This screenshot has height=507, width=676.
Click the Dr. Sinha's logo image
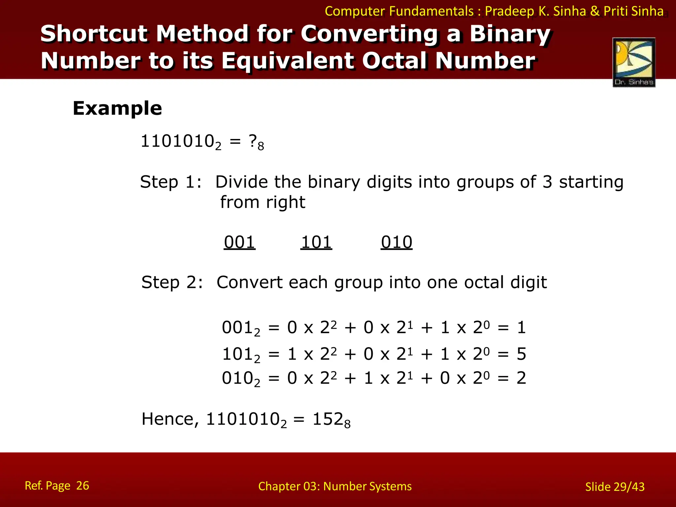tap(634, 62)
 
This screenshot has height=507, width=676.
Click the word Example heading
tap(117, 108)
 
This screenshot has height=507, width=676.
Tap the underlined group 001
tap(240, 242)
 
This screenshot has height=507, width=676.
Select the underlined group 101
tap(316, 242)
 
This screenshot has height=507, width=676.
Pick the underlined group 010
tap(396, 242)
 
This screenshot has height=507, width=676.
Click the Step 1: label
tap(171, 182)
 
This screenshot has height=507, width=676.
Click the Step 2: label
tap(172, 283)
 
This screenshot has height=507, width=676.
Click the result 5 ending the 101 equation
tap(521, 354)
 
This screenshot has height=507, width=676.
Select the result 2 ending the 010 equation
tap(521, 378)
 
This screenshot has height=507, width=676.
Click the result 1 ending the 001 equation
tap(521, 327)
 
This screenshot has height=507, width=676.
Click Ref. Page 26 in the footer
tap(57, 486)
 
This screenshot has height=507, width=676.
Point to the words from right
tap(263, 202)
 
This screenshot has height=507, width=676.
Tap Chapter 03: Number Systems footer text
tap(335, 486)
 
